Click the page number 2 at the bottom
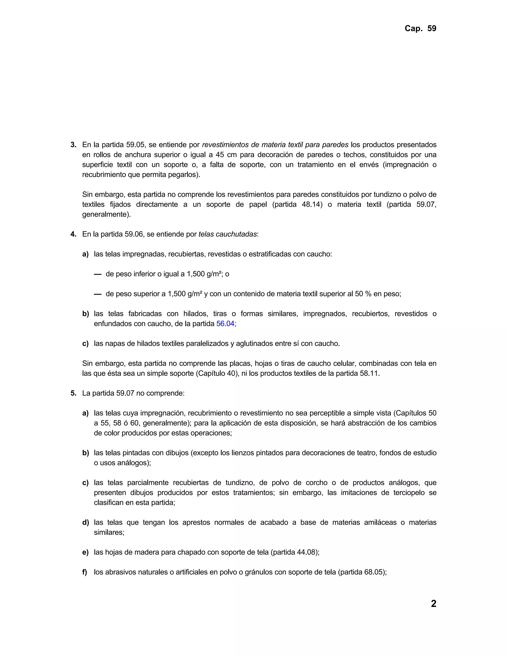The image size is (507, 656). tap(433, 604)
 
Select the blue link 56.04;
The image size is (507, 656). tap(226, 324)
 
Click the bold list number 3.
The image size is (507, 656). tap(73, 145)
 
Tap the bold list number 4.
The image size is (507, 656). tap(73, 234)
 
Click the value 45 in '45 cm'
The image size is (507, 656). tap(220, 155)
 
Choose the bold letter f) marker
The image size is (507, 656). tap(85, 572)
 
